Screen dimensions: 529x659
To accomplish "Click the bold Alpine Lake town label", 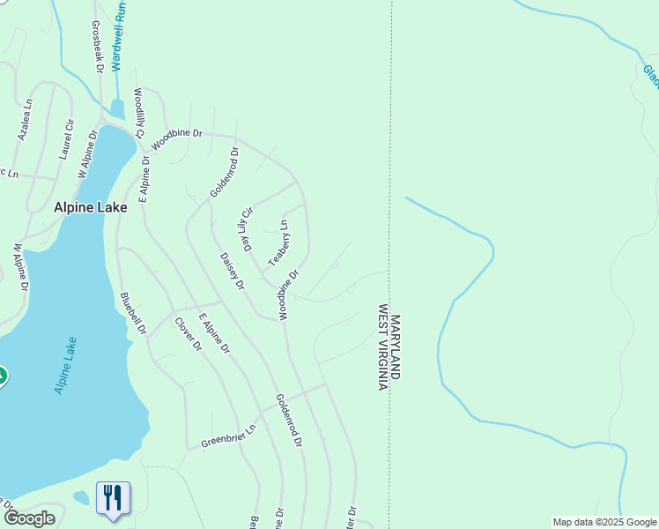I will click(x=91, y=208).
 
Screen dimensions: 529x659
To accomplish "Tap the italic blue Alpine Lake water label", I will click(x=65, y=365).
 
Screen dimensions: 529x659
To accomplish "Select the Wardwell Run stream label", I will click(x=118, y=36).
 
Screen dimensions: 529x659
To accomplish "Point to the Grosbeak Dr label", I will click(x=98, y=46).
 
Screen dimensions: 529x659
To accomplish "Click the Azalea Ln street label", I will click(x=26, y=119).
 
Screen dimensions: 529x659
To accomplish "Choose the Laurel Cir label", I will click(x=65, y=139).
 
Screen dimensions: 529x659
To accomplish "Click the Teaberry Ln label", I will click(x=278, y=243).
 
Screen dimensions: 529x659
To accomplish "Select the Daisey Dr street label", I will click(x=231, y=271).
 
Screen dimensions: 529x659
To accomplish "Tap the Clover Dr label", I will click(x=188, y=334).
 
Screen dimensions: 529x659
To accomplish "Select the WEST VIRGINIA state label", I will click(x=383, y=347).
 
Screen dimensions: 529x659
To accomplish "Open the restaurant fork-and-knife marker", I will click(x=113, y=498).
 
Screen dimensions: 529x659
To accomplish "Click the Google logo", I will click(x=29, y=518).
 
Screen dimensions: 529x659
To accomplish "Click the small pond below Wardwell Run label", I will click(x=118, y=109).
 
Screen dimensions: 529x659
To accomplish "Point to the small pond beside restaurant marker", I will click(x=81, y=497).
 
